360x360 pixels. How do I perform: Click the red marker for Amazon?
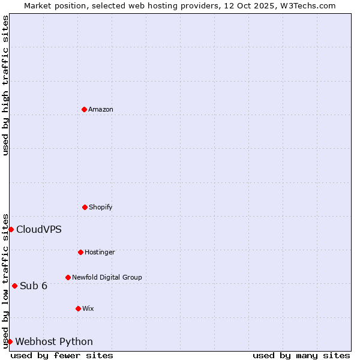coord(84,109)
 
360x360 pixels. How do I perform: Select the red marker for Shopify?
coord(85,207)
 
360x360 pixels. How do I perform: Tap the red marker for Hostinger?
coord(80,252)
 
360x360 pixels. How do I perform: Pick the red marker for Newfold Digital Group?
coord(68,277)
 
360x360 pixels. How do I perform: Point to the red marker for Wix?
coord(78,308)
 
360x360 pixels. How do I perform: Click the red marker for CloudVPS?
coord(11,229)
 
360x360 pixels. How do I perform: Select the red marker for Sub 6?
coord(14,286)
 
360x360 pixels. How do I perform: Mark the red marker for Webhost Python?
coord(10,341)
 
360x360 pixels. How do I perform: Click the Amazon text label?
coord(101,109)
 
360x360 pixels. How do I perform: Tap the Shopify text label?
coord(101,207)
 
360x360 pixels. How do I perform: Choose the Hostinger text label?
coord(100,252)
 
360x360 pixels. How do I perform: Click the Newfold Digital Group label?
coord(107,277)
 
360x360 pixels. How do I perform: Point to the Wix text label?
coord(88,308)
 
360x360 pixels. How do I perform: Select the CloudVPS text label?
coord(39,229)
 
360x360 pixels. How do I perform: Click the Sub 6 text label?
coord(34,286)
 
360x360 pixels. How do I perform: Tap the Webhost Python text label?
coord(54,342)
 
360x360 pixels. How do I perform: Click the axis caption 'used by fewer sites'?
coord(62,355)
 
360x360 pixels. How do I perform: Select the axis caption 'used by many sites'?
coord(301,355)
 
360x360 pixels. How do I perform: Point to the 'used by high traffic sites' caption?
coord(5,85)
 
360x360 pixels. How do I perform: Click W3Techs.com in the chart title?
coord(307,5)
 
